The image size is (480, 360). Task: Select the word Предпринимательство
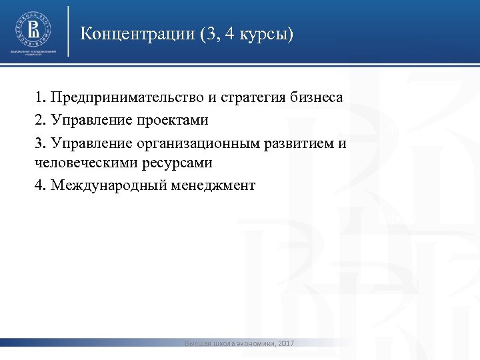pyautogui.click(x=127, y=98)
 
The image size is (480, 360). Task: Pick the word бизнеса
pyautogui.click(x=317, y=98)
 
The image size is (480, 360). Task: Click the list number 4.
pyautogui.click(x=39, y=185)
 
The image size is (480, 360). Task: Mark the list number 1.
pyautogui.click(x=39, y=98)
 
